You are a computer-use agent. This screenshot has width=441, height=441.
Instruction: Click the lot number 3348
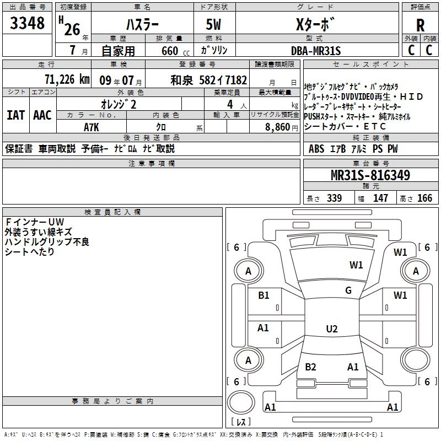[x=28, y=23]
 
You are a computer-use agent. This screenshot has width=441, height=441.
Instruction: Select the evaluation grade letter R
[x=420, y=25]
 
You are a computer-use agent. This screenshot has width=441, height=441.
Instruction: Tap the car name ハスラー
[x=142, y=25]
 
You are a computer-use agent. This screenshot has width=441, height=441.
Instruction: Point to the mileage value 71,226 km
[x=67, y=79]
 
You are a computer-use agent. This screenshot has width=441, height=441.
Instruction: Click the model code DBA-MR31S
[x=316, y=51]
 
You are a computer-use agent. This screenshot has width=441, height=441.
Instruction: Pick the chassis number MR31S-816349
[x=370, y=175]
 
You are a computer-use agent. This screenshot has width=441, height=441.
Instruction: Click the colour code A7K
[x=92, y=126]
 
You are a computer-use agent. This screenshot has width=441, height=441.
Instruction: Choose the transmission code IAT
[x=15, y=115]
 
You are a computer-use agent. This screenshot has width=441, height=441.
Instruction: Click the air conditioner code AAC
[x=42, y=115]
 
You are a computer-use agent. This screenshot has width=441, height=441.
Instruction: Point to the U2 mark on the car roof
[x=331, y=329]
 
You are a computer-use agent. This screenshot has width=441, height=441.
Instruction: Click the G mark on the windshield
[x=348, y=291]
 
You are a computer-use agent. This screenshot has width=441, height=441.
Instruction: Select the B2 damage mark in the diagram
[x=310, y=367]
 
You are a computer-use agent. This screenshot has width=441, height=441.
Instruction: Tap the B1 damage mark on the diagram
[x=263, y=295]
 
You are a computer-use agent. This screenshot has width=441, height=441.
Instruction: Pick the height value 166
[x=424, y=198]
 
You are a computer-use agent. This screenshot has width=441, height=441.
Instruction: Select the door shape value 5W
[x=214, y=25]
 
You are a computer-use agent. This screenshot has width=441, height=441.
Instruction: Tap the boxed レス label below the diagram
[x=241, y=422]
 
